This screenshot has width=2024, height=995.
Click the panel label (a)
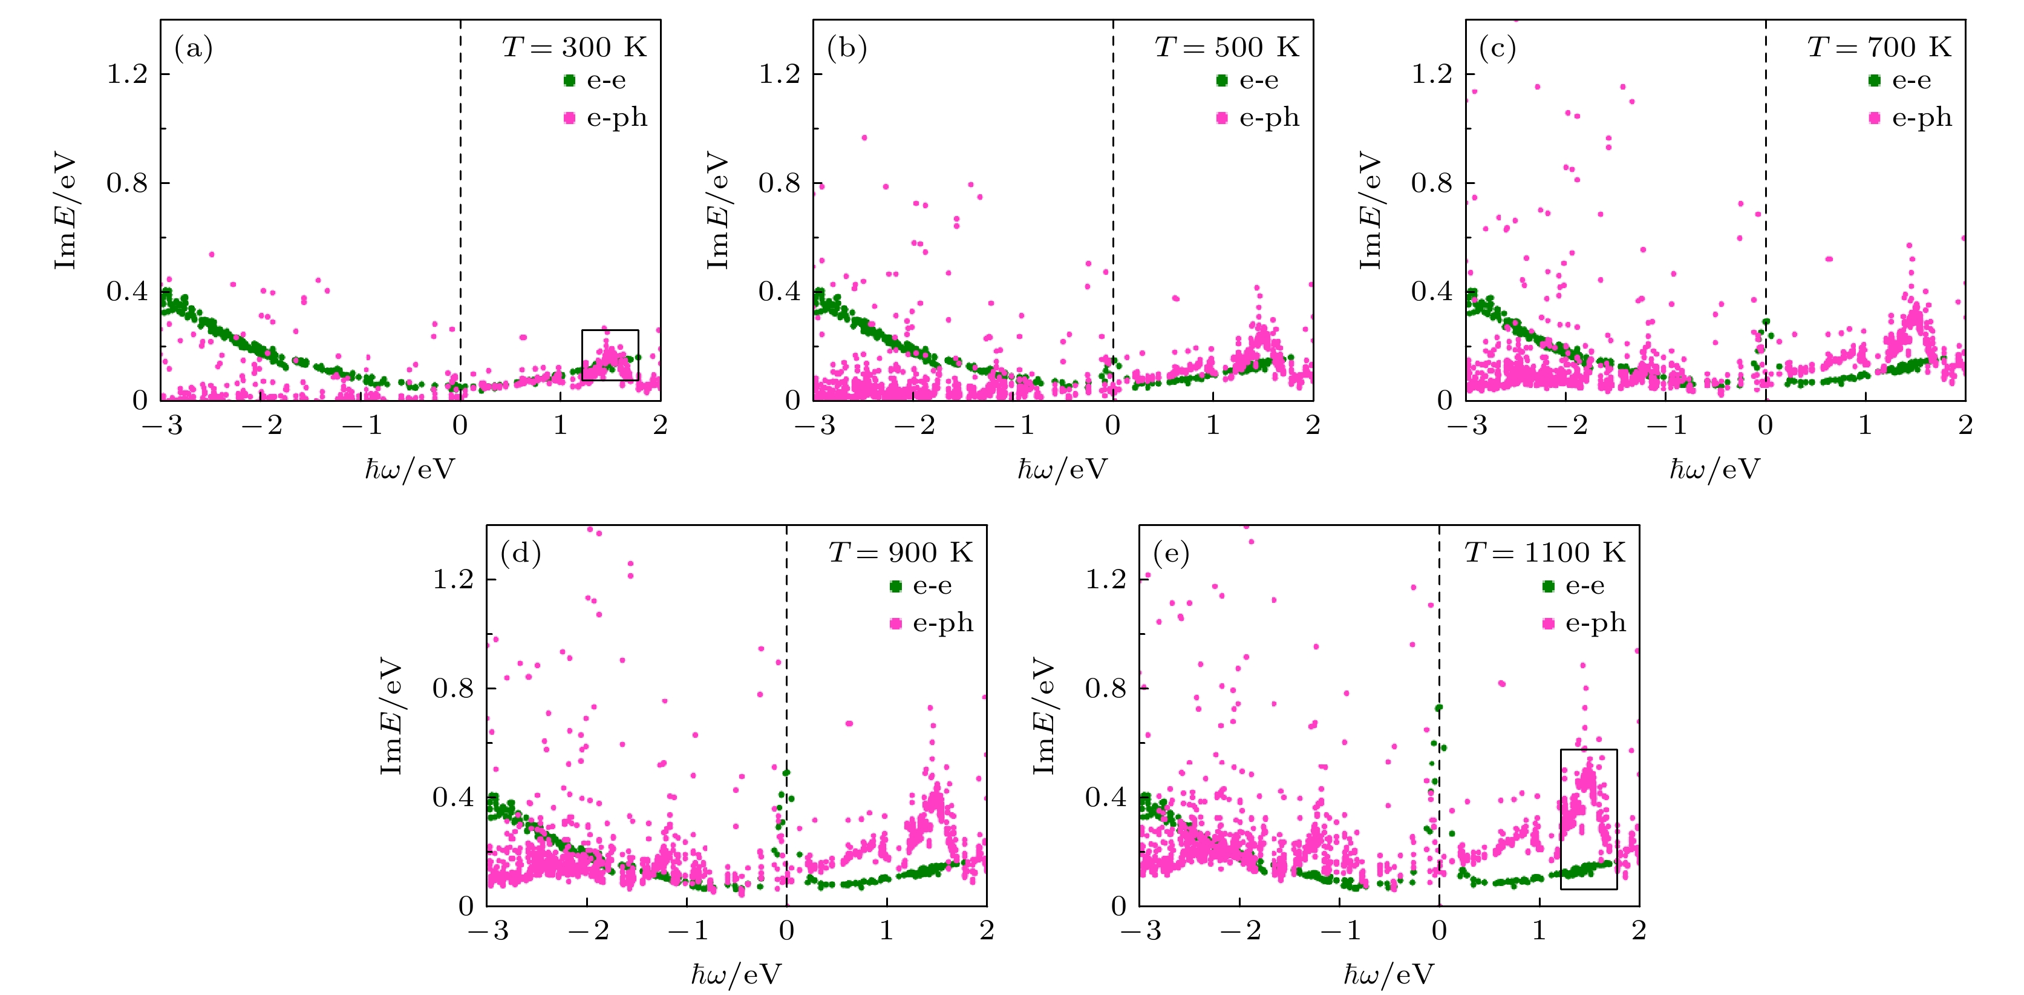[x=194, y=49]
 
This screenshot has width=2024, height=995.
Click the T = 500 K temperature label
[x=1227, y=47]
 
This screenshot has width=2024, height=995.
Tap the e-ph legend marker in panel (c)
[x=1874, y=118]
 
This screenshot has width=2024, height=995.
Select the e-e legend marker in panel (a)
[x=570, y=80]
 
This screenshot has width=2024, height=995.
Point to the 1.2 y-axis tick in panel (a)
[x=127, y=74]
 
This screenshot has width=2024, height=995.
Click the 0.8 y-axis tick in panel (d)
[x=453, y=689]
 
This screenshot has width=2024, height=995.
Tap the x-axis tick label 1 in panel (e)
[x=1538, y=931]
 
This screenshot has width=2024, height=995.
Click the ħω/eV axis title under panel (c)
[x=1714, y=469]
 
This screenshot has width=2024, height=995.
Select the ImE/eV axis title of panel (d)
[x=391, y=715]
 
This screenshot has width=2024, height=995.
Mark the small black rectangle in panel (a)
[x=610, y=355]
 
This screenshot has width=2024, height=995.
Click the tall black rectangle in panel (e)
[x=1588, y=819]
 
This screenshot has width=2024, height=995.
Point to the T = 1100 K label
[x=1545, y=553]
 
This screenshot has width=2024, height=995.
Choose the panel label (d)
[x=520, y=554]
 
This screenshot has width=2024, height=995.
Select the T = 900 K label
[x=901, y=553]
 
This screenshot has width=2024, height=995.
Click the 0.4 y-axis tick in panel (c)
[x=1432, y=292]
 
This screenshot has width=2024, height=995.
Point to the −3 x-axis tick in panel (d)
[x=488, y=931]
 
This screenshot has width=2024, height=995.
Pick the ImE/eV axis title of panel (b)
[x=717, y=211]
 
